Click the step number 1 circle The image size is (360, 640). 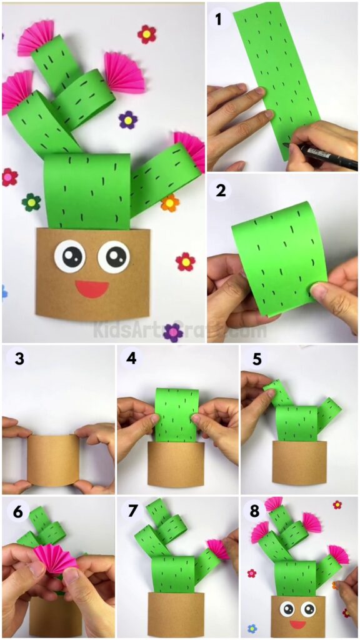pyautogui.click(x=218, y=19)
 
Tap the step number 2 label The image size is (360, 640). pyautogui.click(x=220, y=191)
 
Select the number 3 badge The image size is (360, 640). pyautogui.click(x=17, y=359)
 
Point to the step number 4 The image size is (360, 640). pyautogui.click(x=131, y=359)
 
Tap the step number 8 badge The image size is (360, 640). pyautogui.click(x=255, y=511)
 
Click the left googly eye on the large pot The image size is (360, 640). pyautogui.click(x=70, y=256)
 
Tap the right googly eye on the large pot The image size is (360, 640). pyautogui.click(x=114, y=256)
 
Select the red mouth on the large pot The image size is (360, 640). pyautogui.click(x=92, y=289)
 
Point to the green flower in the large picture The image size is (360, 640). pyautogui.click(x=31, y=202)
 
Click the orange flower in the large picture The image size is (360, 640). pyautogui.click(x=169, y=202)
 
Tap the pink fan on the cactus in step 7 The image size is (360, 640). pyautogui.click(x=219, y=549)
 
